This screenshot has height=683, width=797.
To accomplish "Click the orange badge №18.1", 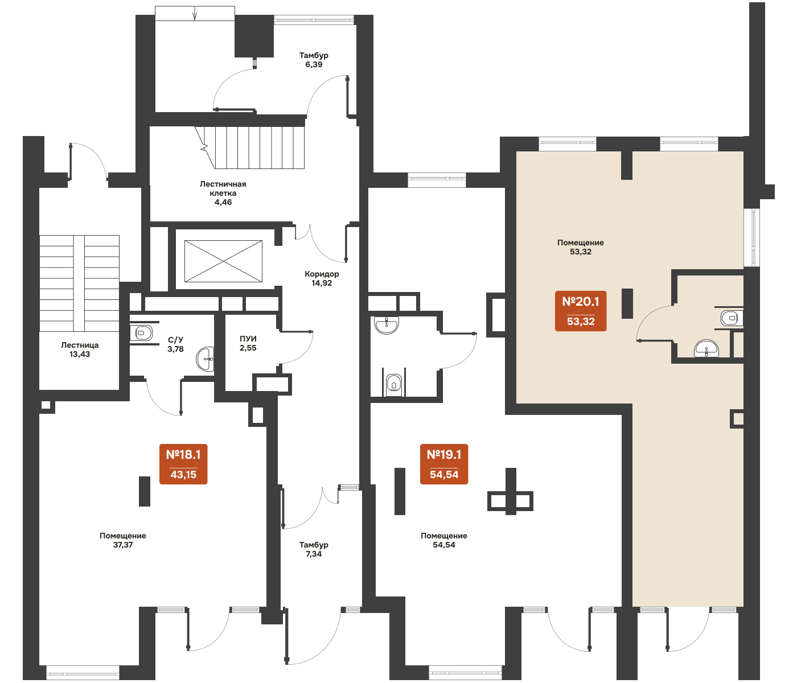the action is tap(183, 464).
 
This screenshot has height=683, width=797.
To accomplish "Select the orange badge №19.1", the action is tap(444, 464).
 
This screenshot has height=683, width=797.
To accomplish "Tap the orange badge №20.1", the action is tap(580, 311).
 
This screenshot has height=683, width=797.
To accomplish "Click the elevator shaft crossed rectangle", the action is tap(223, 261).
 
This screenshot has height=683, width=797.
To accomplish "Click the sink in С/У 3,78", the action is tap(205, 359).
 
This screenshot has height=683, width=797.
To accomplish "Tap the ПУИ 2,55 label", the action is tap(248, 343).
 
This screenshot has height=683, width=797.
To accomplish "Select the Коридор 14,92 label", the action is tap(322, 278).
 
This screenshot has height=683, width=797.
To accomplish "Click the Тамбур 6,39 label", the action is tap(314, 60).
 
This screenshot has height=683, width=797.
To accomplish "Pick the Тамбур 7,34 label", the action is tap(314, 549).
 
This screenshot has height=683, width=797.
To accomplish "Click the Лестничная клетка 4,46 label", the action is tap(223, 193).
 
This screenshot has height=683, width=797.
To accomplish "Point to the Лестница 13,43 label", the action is tap(80, 349).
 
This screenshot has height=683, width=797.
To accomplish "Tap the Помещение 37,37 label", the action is tap(122, 540).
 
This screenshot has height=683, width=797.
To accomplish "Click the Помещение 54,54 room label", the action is tap(444, 540).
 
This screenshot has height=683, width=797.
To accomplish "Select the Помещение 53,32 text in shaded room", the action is tap(580, 247).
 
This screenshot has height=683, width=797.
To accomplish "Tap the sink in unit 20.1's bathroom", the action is tap(706, 348).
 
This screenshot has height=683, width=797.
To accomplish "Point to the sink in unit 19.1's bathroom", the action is tap(387, 326).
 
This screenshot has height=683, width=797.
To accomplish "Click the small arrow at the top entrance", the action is tap(195, 14).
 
